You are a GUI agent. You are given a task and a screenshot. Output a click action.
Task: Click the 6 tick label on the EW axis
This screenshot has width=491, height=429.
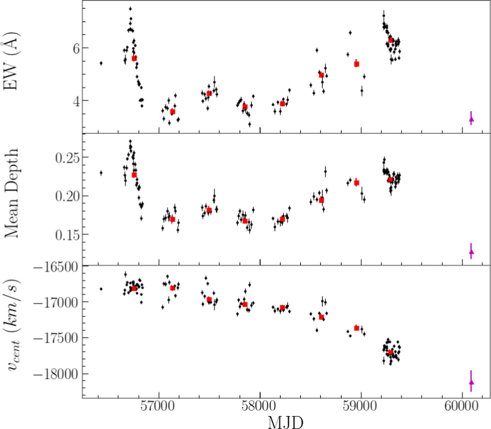[x=72, y=48]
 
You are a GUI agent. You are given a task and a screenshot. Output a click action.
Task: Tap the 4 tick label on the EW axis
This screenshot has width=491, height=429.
[x=72, y=100]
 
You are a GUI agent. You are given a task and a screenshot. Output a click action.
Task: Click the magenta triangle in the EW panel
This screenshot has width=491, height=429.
[x=471, y=119]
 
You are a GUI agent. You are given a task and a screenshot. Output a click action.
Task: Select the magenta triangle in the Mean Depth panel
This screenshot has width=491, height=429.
[x=471, y=251]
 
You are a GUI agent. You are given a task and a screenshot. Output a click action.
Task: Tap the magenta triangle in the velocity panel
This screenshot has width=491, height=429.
[x=471, y=382]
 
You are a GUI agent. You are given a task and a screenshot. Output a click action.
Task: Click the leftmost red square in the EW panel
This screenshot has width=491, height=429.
[x=134, y=58]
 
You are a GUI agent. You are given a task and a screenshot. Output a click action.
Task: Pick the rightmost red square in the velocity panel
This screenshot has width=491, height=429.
[x=390, y=352]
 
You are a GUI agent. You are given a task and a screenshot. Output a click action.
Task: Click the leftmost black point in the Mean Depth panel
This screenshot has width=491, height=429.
[x=101, y=172]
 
